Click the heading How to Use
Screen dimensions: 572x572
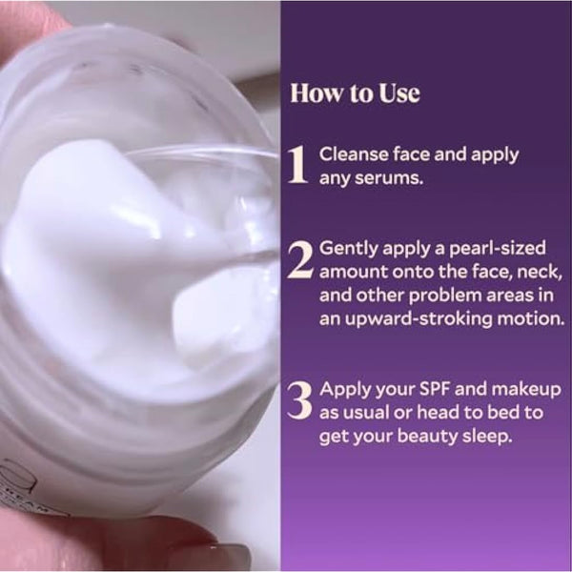click(x=355, y=94)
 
